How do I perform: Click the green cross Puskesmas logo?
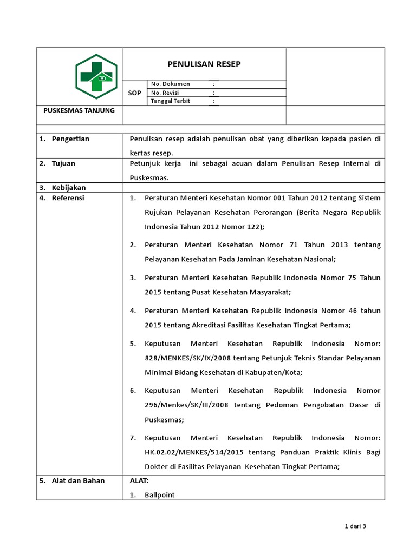pos(96,76)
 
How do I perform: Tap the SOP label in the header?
pos(134,93)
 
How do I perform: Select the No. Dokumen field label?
pos(171,84)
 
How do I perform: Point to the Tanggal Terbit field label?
pos(171,101)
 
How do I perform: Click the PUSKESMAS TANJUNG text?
pos(79,111)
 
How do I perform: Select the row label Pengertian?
pos(70,139)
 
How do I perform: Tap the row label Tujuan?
pos(63,163)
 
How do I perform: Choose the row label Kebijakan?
pos(68,188)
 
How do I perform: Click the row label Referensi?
pos(68,198)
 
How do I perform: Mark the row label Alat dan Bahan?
pos(78,480)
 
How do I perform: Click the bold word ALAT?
pos(139,480)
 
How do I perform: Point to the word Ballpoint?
pos(160,495)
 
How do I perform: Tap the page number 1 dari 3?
pos(356,526)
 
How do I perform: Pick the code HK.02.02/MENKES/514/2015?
pos(189,452)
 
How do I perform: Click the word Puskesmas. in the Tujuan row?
pos(149,178)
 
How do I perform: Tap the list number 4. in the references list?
pos(133,311)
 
